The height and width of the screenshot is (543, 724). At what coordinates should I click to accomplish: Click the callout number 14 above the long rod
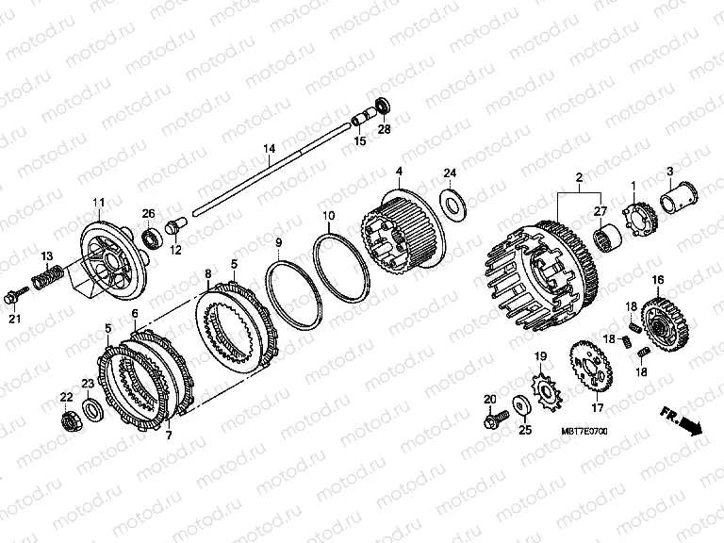(270, 149)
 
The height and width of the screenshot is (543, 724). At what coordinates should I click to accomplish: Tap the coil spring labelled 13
(46, 275)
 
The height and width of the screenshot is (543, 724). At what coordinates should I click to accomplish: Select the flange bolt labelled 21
(15, 295)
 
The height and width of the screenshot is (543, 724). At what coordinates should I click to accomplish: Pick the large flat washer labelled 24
(453, 204)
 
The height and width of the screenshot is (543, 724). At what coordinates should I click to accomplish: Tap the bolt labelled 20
(496, 420)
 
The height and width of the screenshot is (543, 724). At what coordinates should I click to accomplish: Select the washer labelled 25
(521, 405)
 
